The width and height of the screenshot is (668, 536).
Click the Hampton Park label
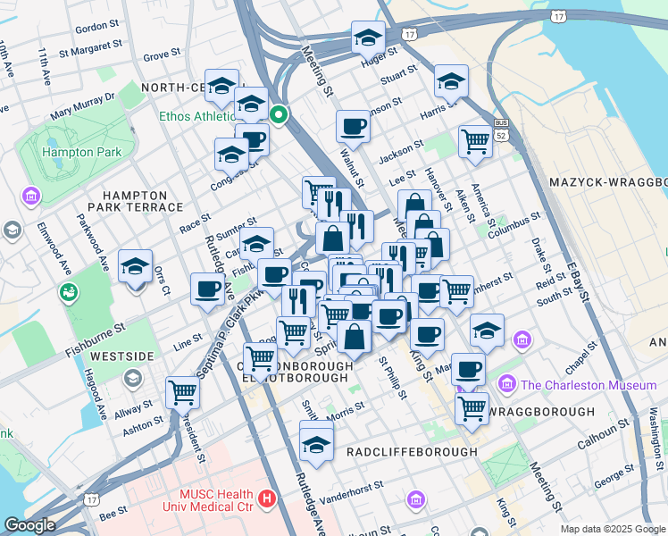click(82, 152)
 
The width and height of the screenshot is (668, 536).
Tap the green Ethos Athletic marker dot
click(279, 114)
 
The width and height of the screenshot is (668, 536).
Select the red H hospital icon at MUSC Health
click(265, 497)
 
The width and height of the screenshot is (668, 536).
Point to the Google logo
click(29, 525)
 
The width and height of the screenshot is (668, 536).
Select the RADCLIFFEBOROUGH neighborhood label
click(412, 452)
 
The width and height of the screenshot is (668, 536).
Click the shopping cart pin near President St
click(182, 391)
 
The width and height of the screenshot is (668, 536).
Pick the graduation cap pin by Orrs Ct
click(136, 266)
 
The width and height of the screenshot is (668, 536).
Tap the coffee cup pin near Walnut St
click(354, 126)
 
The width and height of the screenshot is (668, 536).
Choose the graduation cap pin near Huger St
click(367, 38)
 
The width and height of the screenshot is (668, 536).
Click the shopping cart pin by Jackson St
click(475, 140)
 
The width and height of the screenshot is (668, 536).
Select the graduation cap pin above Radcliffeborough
click(316, 442)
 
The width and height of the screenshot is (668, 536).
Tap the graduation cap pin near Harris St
click(451, 81)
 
